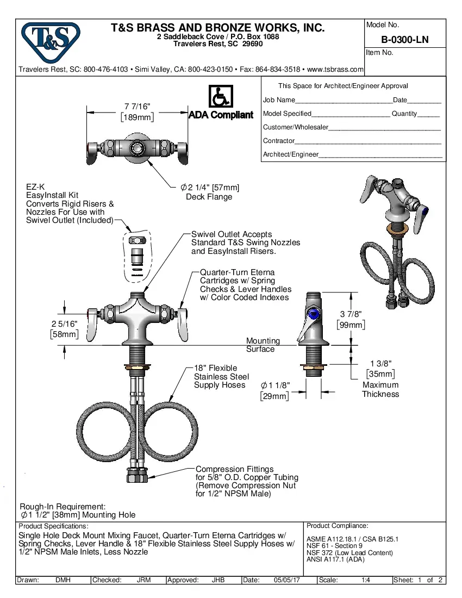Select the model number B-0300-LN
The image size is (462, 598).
pyautogui.click(x=404, y=40)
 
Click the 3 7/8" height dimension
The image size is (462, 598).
pyautogui.click(x=351, y=320)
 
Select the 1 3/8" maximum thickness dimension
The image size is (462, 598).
pyautogui.click(x=380, y=368)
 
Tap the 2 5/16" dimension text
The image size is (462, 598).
pyautogui.click(x=65, y=329)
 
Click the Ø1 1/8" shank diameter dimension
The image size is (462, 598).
pyautogui.click(x=274, y=390)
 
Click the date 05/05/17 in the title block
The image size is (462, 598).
pyautogui.click(x=287, y=580)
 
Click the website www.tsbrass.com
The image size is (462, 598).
pyautogui.click(x=335, y=70)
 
